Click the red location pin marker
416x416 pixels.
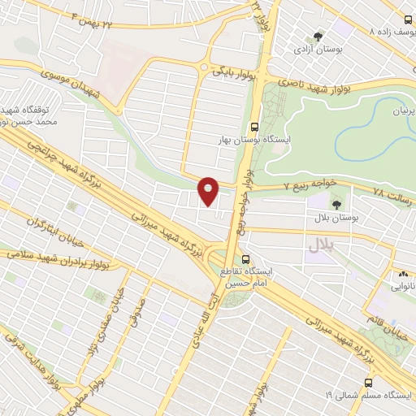click(209, 192)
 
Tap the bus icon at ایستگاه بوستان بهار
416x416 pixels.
click(255, 127)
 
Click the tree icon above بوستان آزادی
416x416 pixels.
click(318, 36)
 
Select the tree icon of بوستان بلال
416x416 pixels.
click(336, 205)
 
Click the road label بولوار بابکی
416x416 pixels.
click(230, 71)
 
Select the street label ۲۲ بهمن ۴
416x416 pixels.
click(95, 19)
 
